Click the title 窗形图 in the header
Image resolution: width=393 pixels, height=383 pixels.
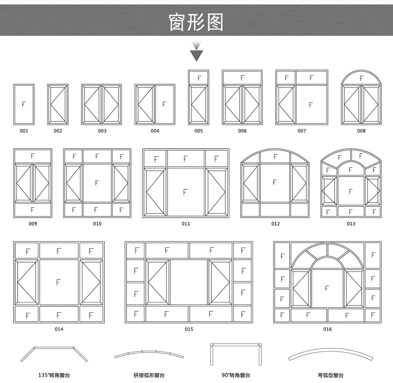point(196,22)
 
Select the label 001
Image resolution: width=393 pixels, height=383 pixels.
point(24,131)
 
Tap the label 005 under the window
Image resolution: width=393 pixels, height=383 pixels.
point(198,131)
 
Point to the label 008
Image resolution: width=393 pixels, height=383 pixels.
point(361,131)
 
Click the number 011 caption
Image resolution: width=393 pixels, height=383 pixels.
point(186,224)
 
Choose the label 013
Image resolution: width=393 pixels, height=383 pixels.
point(351,224)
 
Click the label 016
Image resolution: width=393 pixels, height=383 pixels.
point(327,329)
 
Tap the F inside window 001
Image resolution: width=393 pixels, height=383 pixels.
point(24,104)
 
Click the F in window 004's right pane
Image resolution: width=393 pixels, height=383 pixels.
point(164,104)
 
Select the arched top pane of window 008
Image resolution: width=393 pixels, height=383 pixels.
point(362,78)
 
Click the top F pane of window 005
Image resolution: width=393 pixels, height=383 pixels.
point(199,78)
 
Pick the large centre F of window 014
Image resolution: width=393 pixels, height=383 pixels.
point(58,282)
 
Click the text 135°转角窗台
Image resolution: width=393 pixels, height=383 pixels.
point(54,375)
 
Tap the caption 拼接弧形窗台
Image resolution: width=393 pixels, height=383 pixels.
point(149,375)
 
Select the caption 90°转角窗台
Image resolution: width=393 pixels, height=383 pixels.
point(236,375)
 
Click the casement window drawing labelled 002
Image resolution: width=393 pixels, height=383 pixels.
point(58,104)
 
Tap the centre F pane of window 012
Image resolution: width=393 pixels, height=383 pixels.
point(275,182)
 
